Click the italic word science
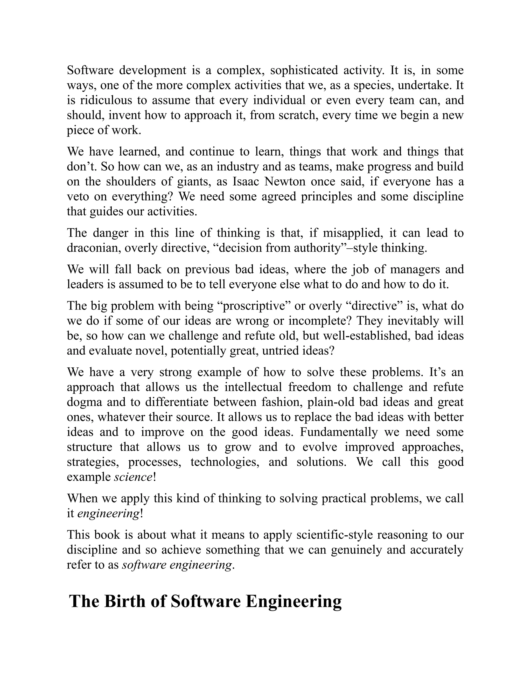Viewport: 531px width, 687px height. pyautogui.click(x=133, y=477)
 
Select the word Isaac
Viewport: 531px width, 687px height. pyautogui.click(x=246, y=181)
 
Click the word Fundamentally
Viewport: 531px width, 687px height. pyautogui.click(x=338, y=432)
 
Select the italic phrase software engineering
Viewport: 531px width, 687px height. pyautogui.click(x=177, y=565)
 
